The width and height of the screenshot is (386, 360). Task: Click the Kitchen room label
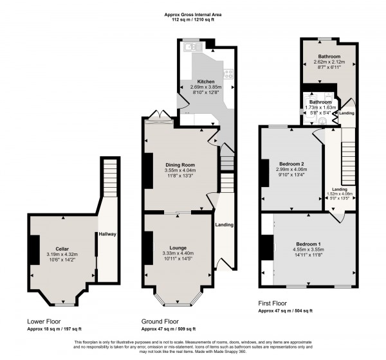206,82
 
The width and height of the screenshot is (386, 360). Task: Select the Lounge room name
178,248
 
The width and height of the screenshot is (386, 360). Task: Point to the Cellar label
62,249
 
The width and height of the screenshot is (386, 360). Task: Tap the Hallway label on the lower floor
107,235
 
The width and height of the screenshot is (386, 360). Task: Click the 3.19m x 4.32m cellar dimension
62,255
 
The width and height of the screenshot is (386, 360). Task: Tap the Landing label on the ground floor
224,224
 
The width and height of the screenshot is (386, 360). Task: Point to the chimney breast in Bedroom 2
264,172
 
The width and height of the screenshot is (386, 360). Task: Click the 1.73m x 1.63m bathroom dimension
319,107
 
